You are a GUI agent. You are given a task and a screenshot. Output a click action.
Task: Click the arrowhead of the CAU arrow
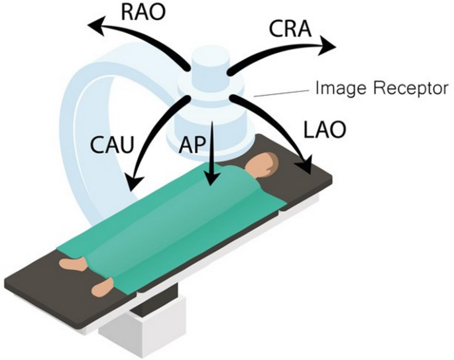point(133,180)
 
